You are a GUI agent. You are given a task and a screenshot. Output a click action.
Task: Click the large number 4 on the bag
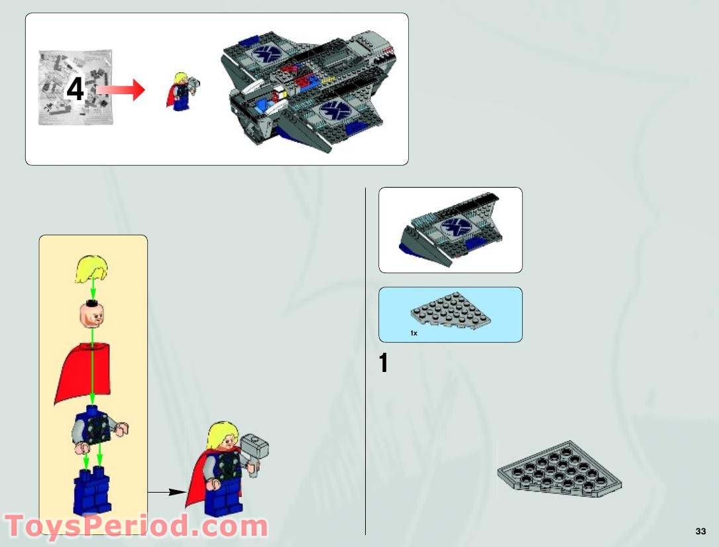click(76, 90)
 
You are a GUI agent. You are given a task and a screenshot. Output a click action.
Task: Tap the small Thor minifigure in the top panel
click(180, 90)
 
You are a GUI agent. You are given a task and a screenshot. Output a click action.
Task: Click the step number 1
click(384, 363)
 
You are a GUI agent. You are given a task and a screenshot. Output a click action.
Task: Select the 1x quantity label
click(414, 333)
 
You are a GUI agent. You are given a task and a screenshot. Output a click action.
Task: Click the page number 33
click(700, 531)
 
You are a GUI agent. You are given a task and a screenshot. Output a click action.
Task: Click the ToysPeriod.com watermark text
click(136, 526)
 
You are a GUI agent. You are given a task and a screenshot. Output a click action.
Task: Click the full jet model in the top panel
click(308, 90)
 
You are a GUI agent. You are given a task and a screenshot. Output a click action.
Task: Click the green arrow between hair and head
click(93, 290)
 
